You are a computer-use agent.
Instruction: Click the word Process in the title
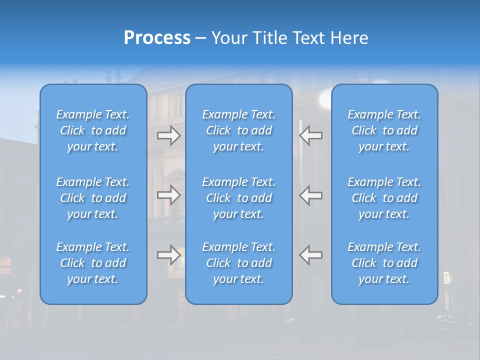pos(157,38)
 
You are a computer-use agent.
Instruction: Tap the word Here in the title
pos(348,38)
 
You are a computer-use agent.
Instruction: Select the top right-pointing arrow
pos(169,135)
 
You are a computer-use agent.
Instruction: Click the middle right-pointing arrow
pos(169,195)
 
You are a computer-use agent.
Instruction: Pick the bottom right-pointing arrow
pos(169,255)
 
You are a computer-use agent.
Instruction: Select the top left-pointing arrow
pos(310,135)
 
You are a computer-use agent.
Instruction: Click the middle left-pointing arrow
pos(310,195)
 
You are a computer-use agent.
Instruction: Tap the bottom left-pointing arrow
pos(310,255)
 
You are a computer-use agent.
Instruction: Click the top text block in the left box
pos(93,130)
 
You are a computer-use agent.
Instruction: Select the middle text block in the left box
pos(93,198)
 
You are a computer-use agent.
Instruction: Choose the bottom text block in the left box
pos(93,263)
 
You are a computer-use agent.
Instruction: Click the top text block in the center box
pos(238,130)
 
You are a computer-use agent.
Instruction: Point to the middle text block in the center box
pos(238,198)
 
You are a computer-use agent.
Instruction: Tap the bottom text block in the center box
pos(238,263)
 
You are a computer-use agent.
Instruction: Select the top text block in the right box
pos(384,130)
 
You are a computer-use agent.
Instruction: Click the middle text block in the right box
pos(384,198)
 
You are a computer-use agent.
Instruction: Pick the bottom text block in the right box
pos(384,263)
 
